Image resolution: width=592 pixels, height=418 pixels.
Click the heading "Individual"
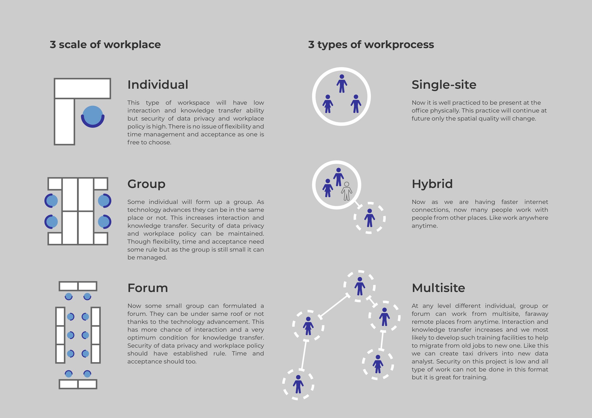[x=158, y=85]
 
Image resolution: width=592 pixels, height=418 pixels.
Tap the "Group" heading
[x=146, y=184]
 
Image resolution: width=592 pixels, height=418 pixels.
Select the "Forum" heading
[x=148, y=288]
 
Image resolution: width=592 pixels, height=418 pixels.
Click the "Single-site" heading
[x=444, y=85]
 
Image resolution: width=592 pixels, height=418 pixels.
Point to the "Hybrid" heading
[x=432, y=184]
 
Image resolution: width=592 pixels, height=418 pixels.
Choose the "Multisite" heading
[x=438, y=288]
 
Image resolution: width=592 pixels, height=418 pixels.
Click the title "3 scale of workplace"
[x=105, y=45]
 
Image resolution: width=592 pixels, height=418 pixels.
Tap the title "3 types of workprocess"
[x=371, y=45]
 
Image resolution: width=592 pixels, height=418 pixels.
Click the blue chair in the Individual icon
[x=93, y=116]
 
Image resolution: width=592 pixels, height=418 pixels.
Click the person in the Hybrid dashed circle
[x=369, y=218]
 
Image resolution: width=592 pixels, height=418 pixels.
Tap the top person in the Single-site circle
[x=342, y=83]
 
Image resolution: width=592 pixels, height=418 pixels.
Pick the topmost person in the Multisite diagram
[x=360, y=286]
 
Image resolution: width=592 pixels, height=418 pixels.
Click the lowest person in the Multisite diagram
[x=298, y=384]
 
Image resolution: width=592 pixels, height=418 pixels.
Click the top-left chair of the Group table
[x=51, y=201]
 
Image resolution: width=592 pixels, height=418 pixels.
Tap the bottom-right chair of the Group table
[x=104, y=222]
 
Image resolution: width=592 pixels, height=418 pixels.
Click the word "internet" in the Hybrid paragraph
[x=536, y=202]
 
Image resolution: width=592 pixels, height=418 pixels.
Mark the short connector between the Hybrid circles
[x=358, y=205]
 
